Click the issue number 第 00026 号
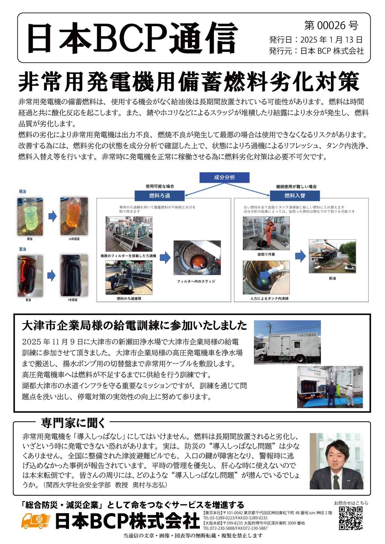(x=331, y=25)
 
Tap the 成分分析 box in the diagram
(x=224, y=177)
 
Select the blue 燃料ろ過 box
(x=159, y=195)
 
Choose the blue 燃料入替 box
(x=295, y=195)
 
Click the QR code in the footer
(x=351, y=518)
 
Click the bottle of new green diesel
(x=30, y=216)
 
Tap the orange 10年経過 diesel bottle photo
(x=74, y=216)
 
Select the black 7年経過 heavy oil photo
(x=74, y=276)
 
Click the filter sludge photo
(x=197, y=258)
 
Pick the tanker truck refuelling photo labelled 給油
(x=332, y=256)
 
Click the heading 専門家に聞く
(x=73, y=423)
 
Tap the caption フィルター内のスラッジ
(x=196, y=281)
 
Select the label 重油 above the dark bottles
(x=22, y=249)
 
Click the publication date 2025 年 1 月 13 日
(x=331, y=40)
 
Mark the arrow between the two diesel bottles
(x=52, y=217)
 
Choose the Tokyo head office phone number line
(x=235, y=518)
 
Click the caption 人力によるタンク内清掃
(x=265, y=298)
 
